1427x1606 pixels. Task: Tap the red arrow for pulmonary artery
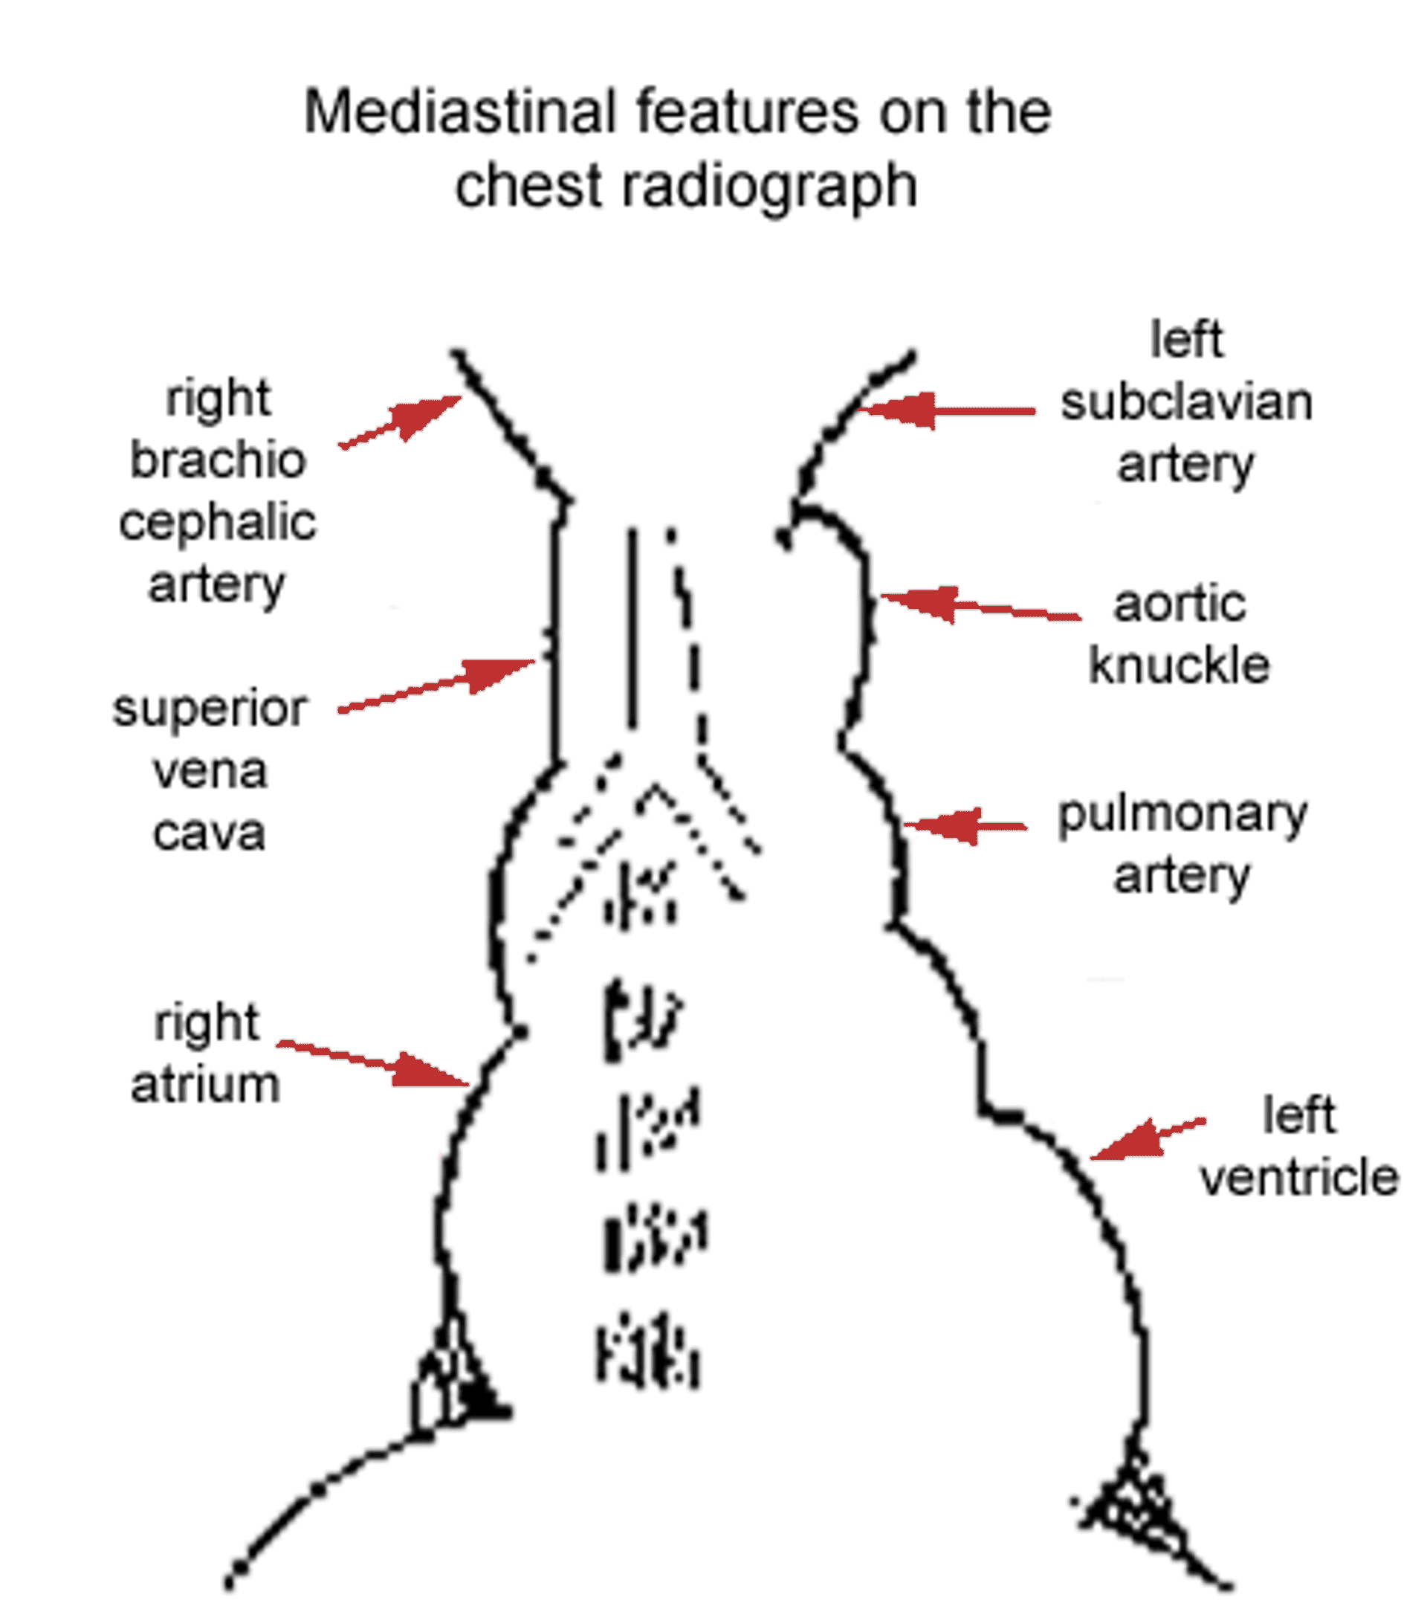pyautogui.click(x=965, y=825)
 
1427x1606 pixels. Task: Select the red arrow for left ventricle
pyautogui.click(x=1147, y=1138)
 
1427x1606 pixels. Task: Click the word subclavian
pyautogui.click(x=1187, y=403)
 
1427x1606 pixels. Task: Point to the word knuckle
pyautogui.click(x=1179, y=666)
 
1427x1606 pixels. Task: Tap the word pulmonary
pyautogui.click(x=1182, y=816)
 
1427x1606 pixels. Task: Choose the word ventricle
pyautogui.click(x=1299, y=1177)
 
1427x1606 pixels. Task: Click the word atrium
pyautogui.click(x=206, y=1085)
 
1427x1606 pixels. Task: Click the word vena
pyautogui.click(x=210, y=772)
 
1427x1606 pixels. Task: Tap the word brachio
pyautogui.click(x=218, y=459)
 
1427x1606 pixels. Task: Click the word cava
pyautogui.click(x=209, y=833)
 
